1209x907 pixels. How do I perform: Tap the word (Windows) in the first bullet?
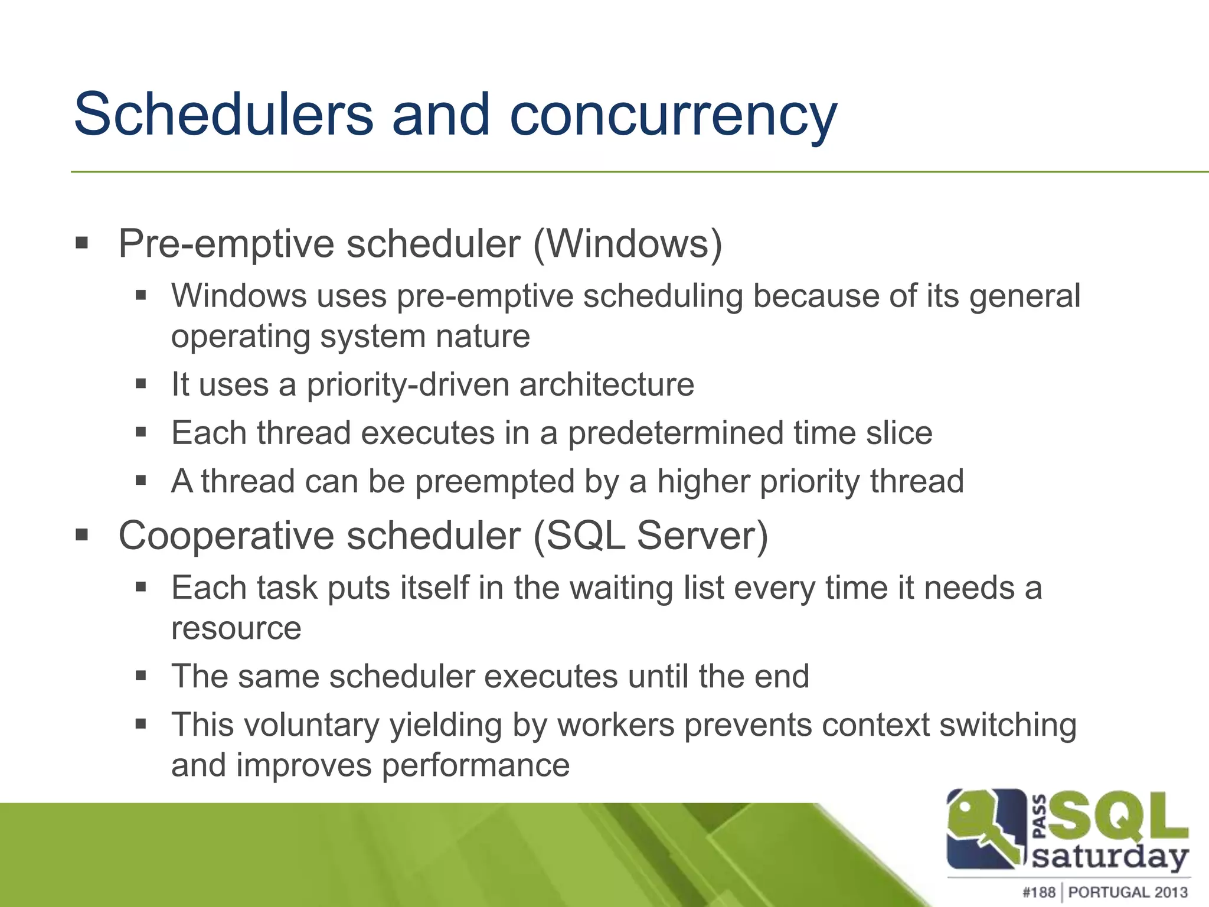(628, 243)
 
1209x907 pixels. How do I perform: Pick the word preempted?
(495, 481)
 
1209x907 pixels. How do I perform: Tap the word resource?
(236, 628)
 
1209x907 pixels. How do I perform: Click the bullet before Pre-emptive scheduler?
(82, 243)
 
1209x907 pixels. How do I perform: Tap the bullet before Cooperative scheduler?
(82, 535)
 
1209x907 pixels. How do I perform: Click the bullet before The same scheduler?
(140, 676)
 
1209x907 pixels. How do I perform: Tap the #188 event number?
(1038, 892)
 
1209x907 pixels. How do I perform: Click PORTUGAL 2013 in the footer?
(1128, 892)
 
